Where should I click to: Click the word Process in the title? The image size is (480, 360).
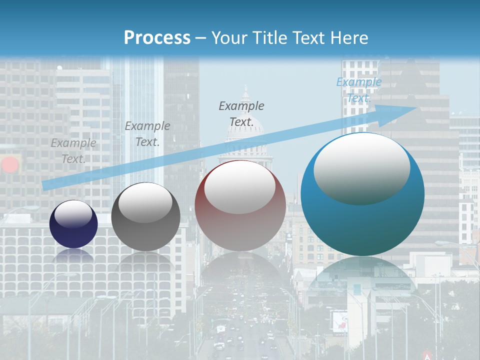[157, 38]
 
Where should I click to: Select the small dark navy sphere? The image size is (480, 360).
[73, 223]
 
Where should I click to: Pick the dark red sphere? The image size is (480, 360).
[240, 206]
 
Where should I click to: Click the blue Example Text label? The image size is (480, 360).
[359, 90]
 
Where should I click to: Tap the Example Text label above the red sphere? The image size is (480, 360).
[241, 113]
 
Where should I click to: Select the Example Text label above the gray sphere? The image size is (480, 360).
[147, 134]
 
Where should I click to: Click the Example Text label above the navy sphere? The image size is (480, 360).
[73, 150]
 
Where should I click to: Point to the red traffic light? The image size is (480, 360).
[9, 164]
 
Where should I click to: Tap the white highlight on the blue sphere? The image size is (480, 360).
[361, 167]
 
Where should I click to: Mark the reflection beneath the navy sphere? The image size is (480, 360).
[73, 256]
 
